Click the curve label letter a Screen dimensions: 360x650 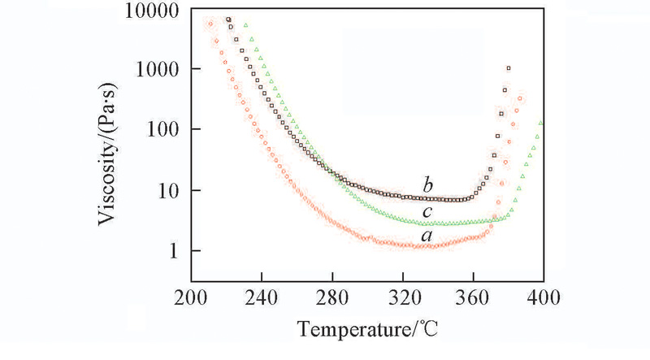click(x=426, y=235)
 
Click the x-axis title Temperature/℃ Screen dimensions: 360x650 click(x=368, y=332)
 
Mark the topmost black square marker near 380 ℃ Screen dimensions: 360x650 click(x=509, y=69)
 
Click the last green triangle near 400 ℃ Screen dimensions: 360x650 click(x=541, y=124)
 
